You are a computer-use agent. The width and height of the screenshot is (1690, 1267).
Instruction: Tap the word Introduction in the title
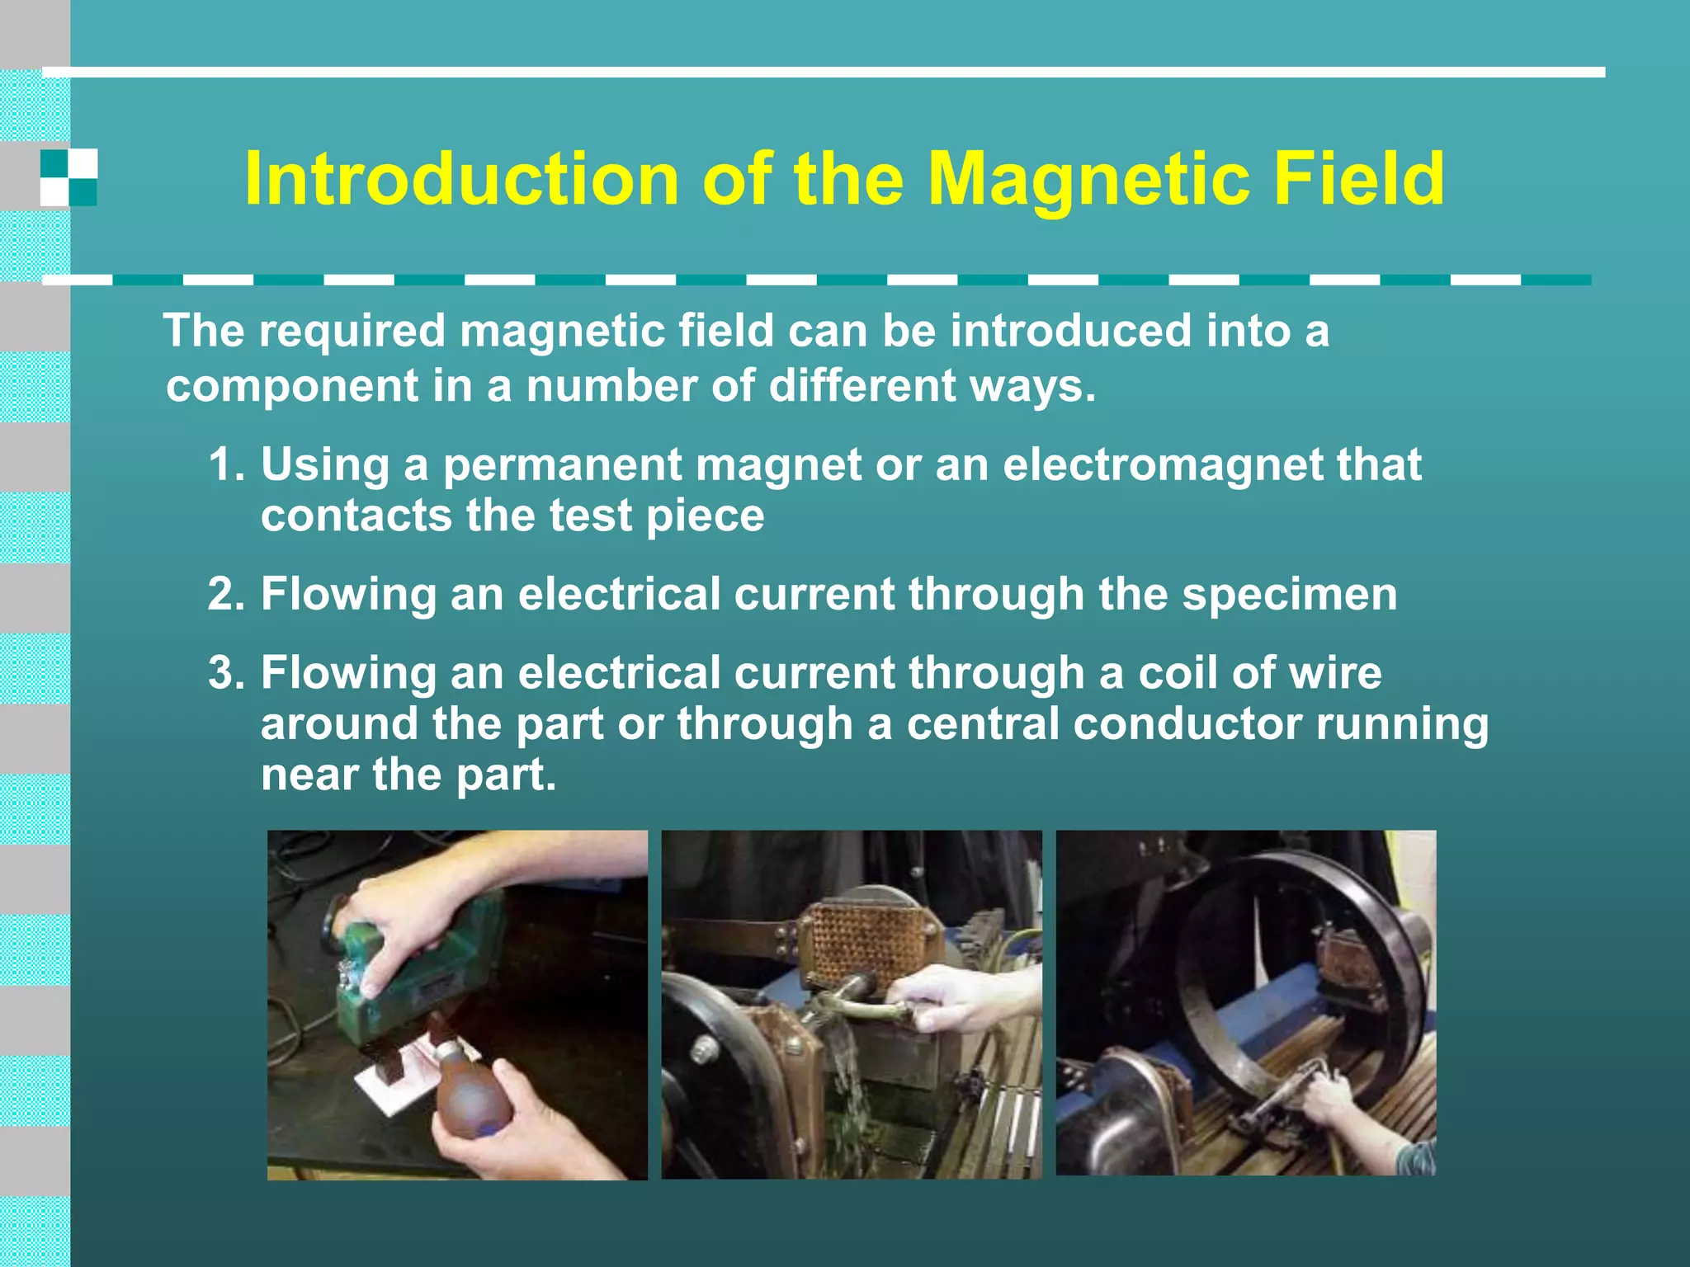click(x=461, y=179)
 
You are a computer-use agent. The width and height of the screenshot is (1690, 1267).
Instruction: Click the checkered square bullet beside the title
click(x=68, y=177)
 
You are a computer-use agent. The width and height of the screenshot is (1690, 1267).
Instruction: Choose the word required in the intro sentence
click(x=352, y=332)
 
